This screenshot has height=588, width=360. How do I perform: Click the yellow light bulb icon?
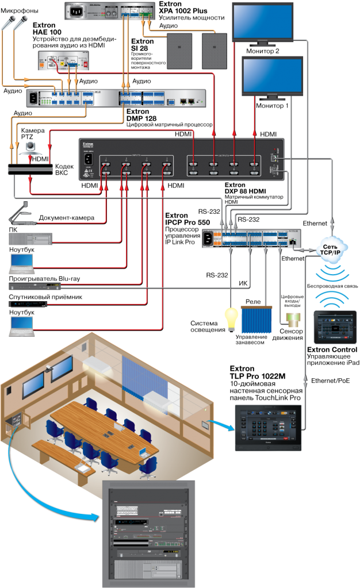coord(231,319)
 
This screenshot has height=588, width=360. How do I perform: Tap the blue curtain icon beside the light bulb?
coord(257,320)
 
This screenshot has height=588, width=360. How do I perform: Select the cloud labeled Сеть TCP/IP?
coord(333,251)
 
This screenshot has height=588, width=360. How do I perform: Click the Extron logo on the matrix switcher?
coord(89,144)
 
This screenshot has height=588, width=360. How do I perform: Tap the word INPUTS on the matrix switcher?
coord(136,156)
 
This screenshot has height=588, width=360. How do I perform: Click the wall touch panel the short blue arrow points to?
coord(268,426)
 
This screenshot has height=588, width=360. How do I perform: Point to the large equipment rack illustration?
coord(148,533)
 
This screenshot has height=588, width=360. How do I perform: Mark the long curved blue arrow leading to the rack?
coord(35,489)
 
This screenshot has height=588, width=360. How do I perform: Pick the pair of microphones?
coord(14,23)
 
